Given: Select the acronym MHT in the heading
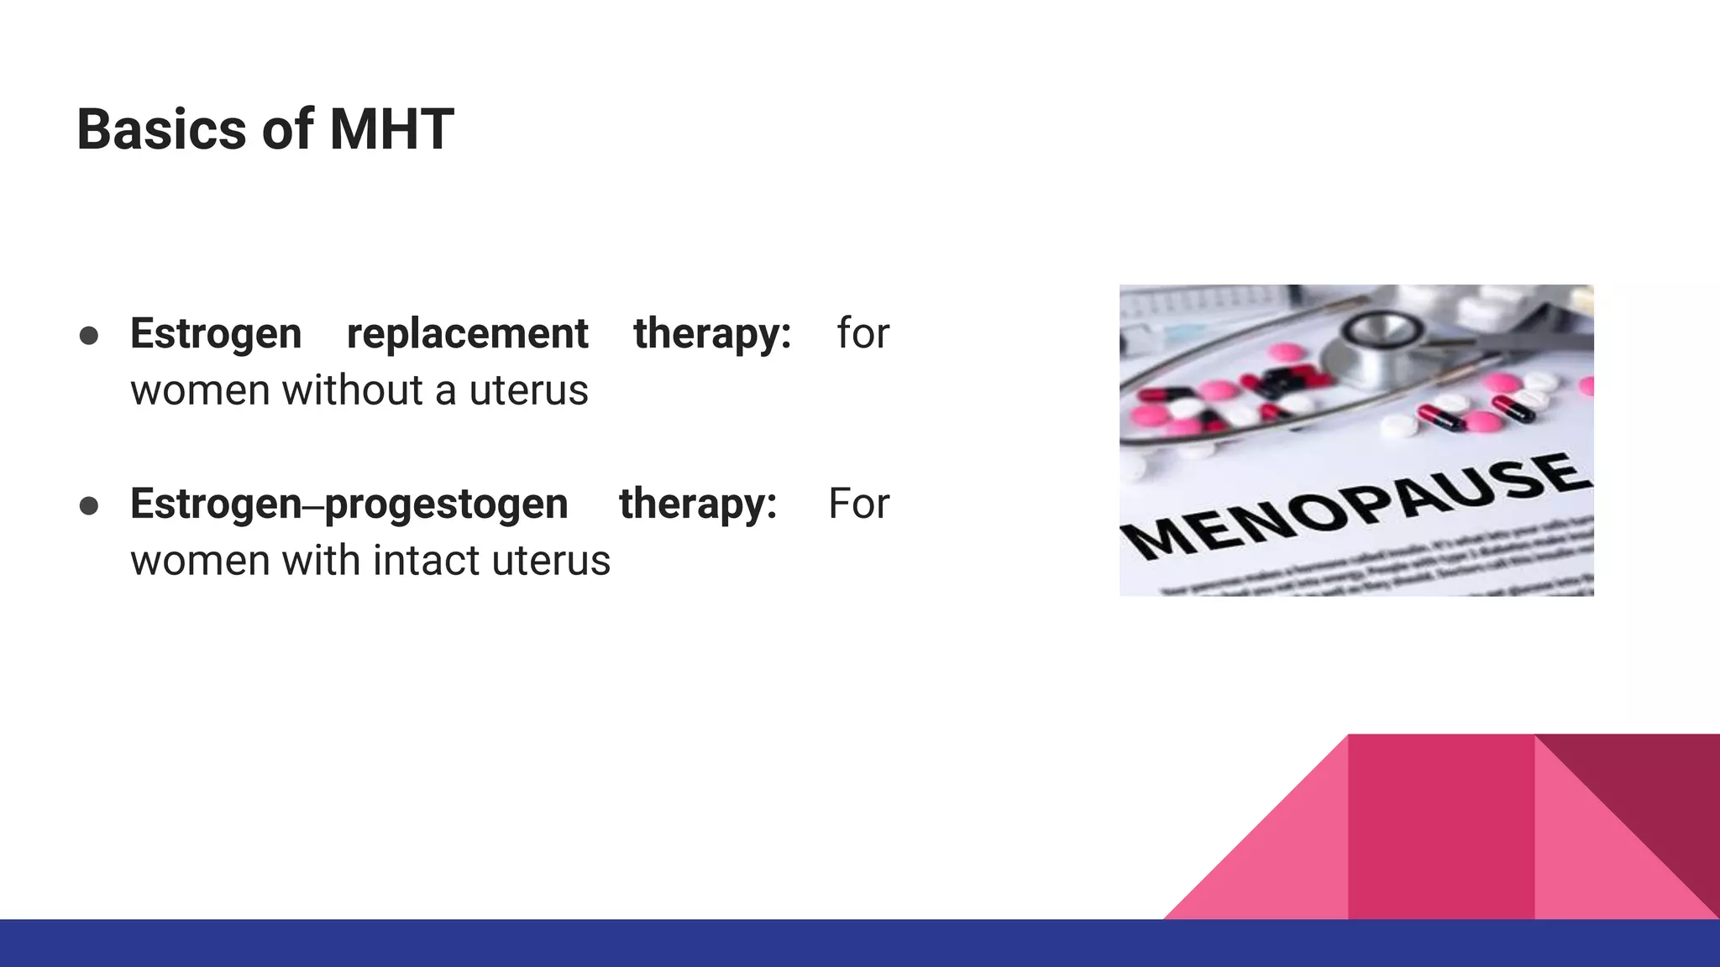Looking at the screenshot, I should [x=391, y=130].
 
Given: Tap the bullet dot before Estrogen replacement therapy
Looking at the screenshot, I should [x=89, y=336].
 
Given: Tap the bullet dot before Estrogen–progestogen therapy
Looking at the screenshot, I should [x=89, y=506].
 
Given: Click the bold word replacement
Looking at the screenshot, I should [x=467, y=334].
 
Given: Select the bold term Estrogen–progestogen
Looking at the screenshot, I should [x=349, y=504].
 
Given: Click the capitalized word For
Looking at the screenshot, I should [x=857, y=504].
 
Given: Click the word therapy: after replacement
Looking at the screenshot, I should [x=712, y=334].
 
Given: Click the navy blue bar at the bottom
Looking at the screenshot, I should [x=860, y=943].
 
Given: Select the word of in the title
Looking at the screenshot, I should [x=287, y=130].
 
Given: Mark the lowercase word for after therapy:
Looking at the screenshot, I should [x=863, y=334].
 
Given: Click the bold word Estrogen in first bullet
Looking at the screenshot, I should [x=216, y=334].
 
